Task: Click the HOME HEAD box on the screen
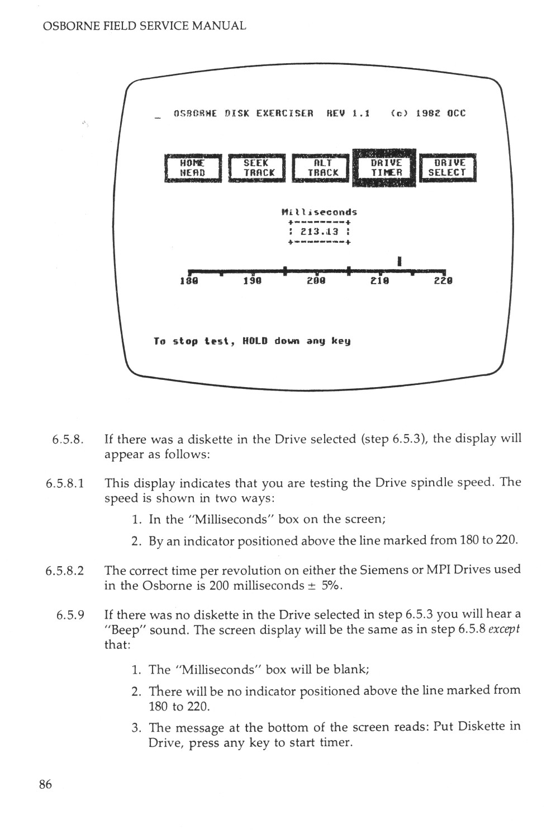tap(193, 168)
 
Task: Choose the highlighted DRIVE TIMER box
tap(385, 168)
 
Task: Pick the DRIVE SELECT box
tap(447, 168)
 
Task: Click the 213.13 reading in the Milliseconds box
tap(319, 232)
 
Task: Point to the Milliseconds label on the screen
tap(319, 212)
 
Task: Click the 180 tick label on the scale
tap(189, 281)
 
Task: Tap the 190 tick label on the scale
tap(252, 281)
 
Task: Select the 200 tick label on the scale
tap(316, 281)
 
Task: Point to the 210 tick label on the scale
tap(379, 281)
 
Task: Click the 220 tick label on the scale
tap(443, 281)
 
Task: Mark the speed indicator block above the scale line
tap(400, 261)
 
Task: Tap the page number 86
tap(45, 784)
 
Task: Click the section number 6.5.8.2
tap(65, 571)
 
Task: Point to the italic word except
tap(503, 629)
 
